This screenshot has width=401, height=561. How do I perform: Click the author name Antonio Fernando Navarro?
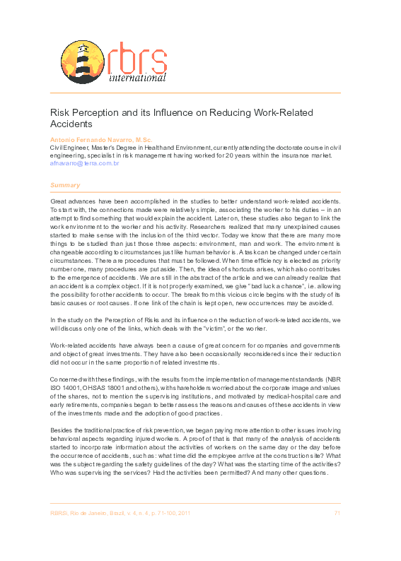point(91,140)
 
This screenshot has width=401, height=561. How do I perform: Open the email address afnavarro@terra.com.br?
point(84,163)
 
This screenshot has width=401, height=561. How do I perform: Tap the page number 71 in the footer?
point(337,513)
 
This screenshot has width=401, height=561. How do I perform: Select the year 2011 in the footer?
point(183,513)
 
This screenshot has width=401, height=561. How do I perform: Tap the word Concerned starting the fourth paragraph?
point(69,377)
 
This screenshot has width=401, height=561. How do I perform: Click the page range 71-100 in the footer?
point(161,513)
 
